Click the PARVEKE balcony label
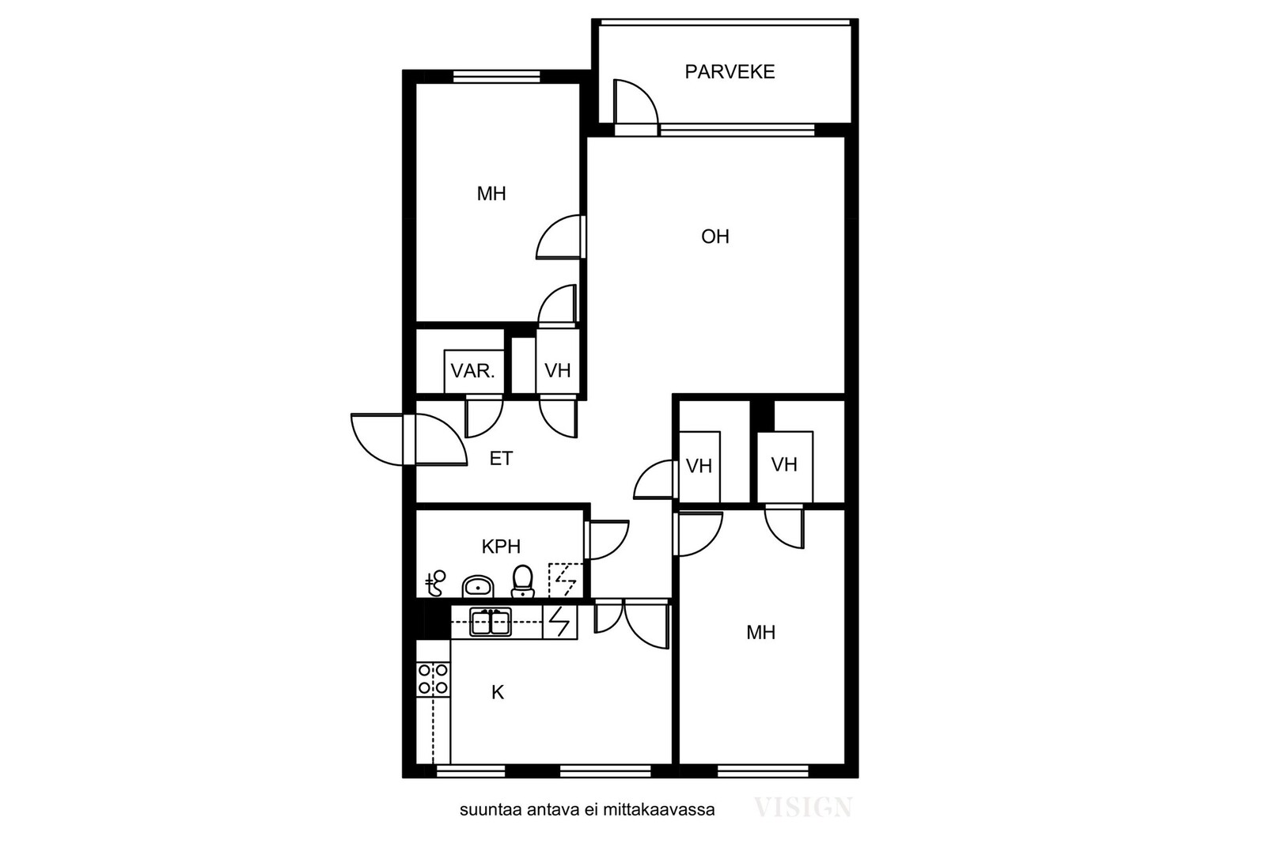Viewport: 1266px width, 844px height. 730,72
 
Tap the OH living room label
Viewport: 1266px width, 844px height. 715,237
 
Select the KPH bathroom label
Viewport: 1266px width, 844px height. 501,547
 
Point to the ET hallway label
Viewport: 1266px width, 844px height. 501,458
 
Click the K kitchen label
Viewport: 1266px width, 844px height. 498,692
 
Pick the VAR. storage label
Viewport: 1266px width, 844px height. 472,371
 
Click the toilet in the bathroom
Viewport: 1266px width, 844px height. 523,581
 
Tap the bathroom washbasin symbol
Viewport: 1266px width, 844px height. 478,586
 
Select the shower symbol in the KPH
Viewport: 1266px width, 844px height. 435,584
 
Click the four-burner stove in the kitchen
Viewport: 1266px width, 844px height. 433,679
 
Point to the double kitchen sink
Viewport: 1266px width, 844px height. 491,622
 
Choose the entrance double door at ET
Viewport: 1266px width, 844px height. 409,440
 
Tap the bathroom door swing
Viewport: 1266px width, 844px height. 608,540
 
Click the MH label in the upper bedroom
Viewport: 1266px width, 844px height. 491,194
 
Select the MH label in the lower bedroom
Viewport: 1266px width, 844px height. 760,633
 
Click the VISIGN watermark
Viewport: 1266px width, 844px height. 803,808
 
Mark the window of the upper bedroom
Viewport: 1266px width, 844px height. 497,76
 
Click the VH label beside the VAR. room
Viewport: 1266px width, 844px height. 557,371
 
